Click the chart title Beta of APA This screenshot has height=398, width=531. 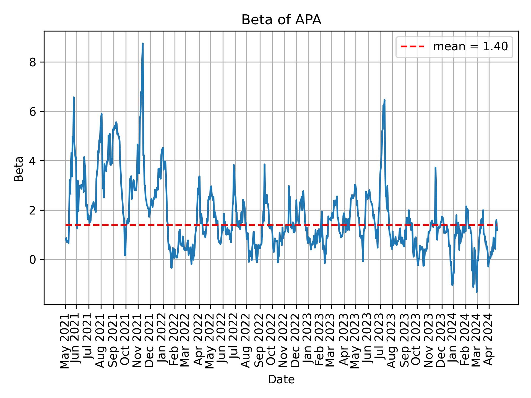[x=281, y=20]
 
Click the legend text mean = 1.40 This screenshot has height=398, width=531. [x=470, y=47]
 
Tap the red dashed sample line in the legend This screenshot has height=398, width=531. [x=412, y=47]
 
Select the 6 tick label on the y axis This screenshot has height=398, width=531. [x=33, y=112]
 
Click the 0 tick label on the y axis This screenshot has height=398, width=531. [x=33, y=260]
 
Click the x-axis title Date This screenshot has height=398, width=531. [x=281, y=380]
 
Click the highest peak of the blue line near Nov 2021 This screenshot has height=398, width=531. [x=143, y=43]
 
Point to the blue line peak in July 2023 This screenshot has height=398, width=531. [x=384, y=100]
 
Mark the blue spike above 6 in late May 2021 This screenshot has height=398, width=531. [x=74, y=97]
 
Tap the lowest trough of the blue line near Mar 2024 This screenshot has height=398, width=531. [x=477, y=292]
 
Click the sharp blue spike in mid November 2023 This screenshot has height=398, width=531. [x=435, y=167]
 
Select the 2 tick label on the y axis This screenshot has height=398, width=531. [x=33, y=210]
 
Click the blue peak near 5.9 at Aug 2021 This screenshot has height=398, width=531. [x=101, y=114]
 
